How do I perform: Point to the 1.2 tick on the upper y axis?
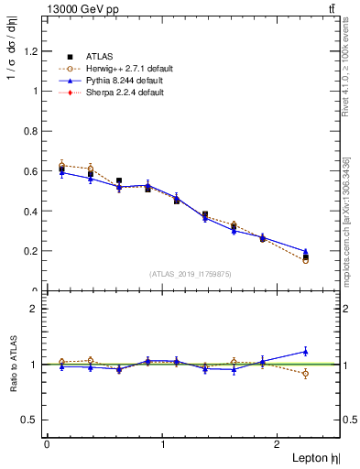pyautogui.click(x=33, y=51)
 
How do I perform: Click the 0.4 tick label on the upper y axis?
pyautogui.click(x=33, y=211)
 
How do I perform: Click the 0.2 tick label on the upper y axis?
pyautogui.click(x=33, y=251)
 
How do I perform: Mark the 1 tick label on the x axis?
pyautogui.click(x=162, y=443)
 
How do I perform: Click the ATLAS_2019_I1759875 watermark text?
pyautogui.click(x=191, y=274)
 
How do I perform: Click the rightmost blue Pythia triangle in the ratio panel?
pyautogui.click(x=305, y=351)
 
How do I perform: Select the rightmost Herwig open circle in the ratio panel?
pyautogui.click(x=305, y=374)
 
